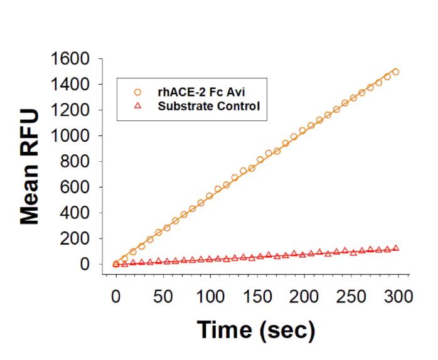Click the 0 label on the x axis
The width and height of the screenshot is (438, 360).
[x=115, y=295]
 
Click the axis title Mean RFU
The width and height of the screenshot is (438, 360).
[x=30, y=167]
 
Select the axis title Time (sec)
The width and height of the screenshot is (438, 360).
[x=256, y=329]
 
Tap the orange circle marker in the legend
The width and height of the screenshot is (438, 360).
[x=138, y=92]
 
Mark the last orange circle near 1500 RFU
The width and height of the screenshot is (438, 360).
[x=395, y=72]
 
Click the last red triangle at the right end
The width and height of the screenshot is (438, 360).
[x=395, y=248]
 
